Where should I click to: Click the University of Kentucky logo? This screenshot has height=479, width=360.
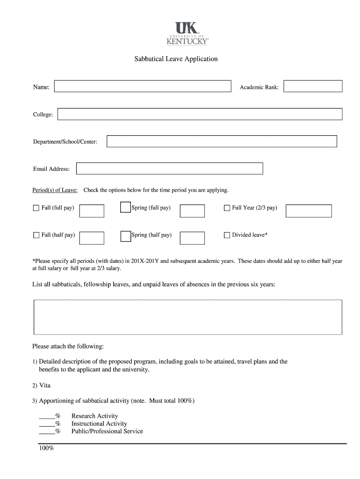pos(187,33)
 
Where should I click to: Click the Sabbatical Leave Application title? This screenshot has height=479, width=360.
pos(176,59)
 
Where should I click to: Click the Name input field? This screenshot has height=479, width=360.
pos(143,87)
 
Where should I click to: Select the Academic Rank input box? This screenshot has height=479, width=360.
pos(313,87)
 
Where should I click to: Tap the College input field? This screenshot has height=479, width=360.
pos(200,114)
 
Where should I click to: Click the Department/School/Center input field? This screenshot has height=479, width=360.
pos(222,141)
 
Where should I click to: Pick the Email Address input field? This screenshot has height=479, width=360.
pos(169,168)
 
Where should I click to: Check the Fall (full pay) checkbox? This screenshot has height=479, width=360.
pos(36,208)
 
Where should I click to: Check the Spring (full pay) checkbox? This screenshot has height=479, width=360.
pos(125,208)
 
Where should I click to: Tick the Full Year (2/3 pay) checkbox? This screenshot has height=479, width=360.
pos(227,208)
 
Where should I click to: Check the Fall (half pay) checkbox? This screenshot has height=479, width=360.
pos(36,235)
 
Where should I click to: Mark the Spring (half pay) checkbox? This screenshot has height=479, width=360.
pos(125,236)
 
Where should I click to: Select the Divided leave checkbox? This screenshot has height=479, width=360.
pos(227,235)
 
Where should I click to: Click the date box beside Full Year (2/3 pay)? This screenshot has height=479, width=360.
pos(309,211)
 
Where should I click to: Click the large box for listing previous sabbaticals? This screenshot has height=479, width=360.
pos(188,317)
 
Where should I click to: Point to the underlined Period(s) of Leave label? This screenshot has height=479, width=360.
pos(55,190)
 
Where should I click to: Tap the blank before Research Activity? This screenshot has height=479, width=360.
pos(47,416)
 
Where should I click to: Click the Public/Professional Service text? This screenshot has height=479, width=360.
pos(107,431)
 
